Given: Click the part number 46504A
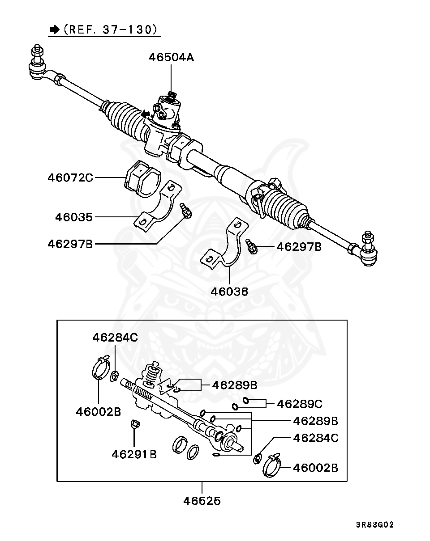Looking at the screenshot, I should (172, 57).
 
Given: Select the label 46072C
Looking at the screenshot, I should (70, 178).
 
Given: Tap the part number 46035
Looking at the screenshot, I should (74, 217).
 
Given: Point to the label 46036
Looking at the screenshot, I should (229, 292).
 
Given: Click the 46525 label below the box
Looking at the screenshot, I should (202, 501).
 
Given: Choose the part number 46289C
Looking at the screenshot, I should (300, 404).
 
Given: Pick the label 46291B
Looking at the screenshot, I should (134, 454).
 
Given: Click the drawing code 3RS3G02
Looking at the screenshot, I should (375, 524).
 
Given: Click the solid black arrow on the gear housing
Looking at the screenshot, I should (145, 115).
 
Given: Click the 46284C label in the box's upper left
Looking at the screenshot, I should (115, 337).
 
